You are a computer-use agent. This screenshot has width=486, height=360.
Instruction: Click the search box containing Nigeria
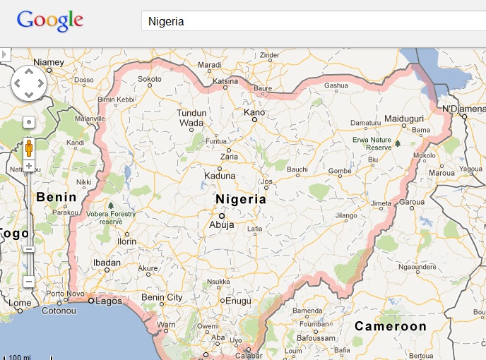click(311, 21)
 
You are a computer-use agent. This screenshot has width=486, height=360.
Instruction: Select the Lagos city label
click(105, 301)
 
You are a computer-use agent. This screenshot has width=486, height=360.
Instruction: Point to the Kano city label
click(254, 112)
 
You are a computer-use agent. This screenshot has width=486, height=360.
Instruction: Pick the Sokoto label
click(150, 79)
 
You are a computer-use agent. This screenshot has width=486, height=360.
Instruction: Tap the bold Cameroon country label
click(391, 326)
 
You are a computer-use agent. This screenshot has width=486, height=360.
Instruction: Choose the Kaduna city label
click(220, 176)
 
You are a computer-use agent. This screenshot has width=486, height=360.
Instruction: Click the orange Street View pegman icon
click(29, 148)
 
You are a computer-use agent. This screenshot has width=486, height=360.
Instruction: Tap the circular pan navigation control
click(29, 84)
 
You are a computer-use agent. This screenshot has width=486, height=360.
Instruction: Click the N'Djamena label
click(464, 109)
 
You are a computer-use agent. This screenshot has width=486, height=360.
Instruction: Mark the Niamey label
click(49, 62)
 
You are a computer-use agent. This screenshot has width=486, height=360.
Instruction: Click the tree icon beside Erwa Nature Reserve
click(398, 143)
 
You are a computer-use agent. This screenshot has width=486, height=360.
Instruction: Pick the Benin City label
click(162, 297)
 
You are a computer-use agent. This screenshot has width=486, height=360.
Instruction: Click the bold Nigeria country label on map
click(241, 199)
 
